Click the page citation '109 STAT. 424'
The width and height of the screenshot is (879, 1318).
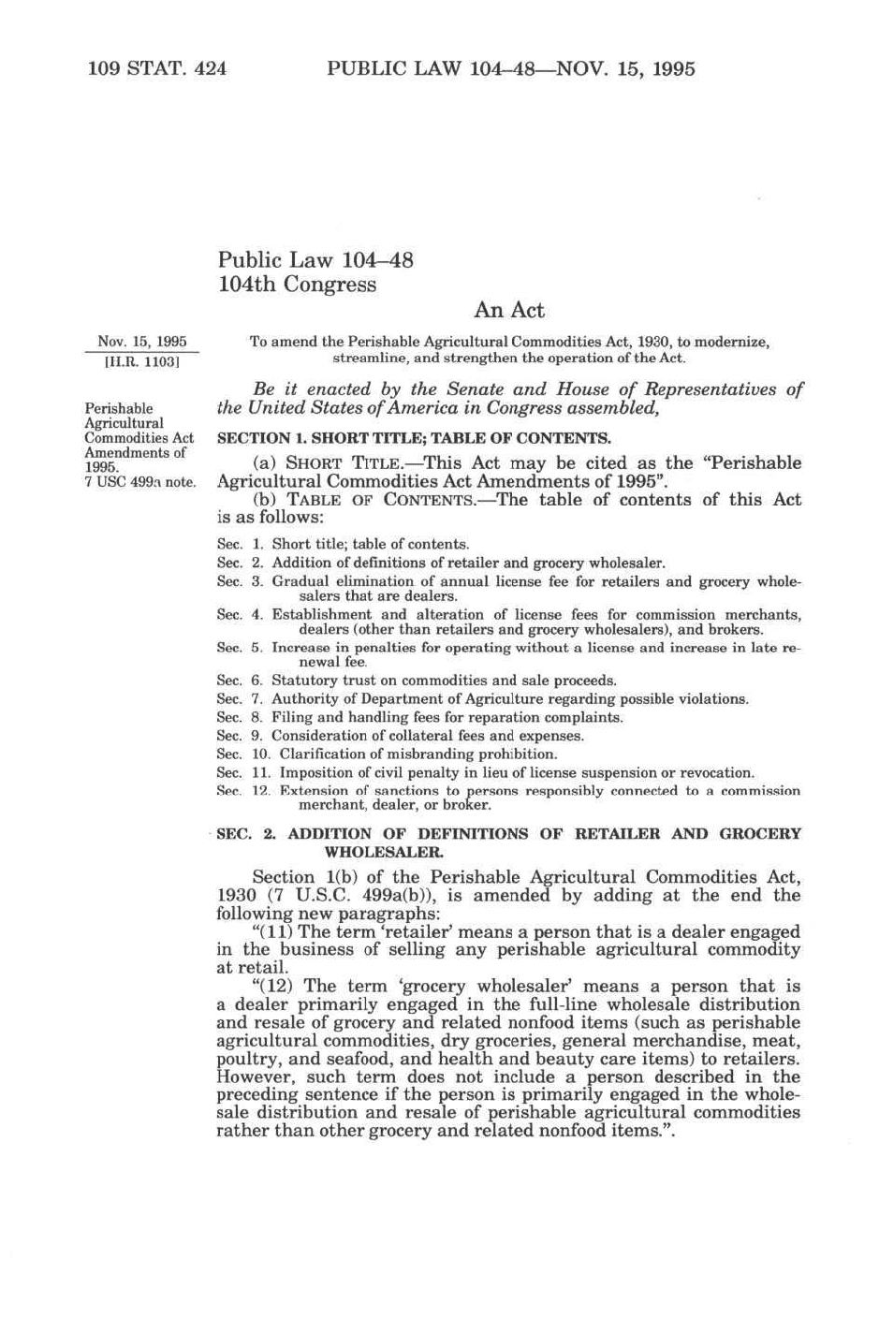[x=156, y=68]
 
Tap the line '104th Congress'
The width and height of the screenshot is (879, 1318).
[x=297, y=285]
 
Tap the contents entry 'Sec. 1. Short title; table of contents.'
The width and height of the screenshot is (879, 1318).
[x=343, y=544]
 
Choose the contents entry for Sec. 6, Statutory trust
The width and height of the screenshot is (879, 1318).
[x=416, y=681]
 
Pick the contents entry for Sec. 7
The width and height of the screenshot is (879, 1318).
[x=482, y=698]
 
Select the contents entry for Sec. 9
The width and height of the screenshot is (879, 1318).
[x=400, y=736]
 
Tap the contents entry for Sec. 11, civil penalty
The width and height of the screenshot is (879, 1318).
[x=485, y=772]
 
